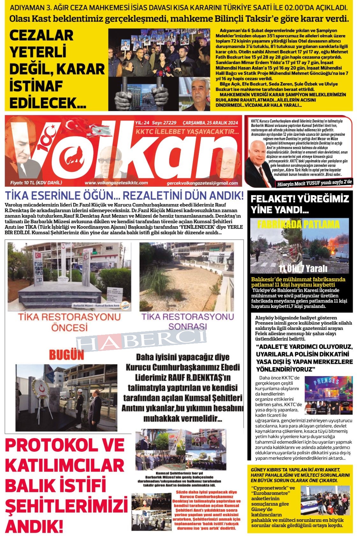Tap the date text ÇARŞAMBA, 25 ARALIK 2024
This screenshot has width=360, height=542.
click(211, 123)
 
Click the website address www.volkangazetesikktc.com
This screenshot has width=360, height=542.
click(116, 183)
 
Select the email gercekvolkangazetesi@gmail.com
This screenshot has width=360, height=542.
click(202, 183)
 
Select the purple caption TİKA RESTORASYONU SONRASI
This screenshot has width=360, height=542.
click(188, 321)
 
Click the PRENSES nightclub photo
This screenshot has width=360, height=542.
click(328, 395)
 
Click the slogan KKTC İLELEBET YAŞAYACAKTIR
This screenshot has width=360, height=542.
click(187, 132)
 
